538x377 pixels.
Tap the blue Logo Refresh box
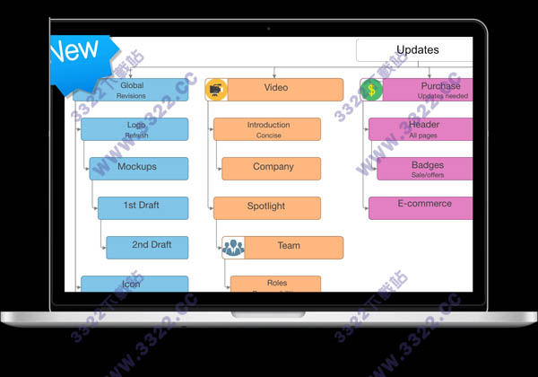136,129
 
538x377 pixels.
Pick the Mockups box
139,168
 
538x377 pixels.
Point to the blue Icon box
134,285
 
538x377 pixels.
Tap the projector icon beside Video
216,89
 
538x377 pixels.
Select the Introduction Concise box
267,129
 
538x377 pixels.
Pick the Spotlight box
267,207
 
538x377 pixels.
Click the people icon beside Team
233,248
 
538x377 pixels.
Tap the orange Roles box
275,284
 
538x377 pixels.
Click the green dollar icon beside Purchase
371,90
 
